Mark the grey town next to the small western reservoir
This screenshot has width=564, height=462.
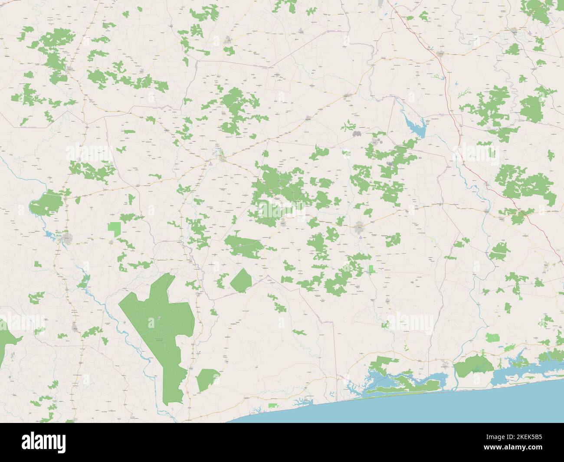(x=68, y=238)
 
